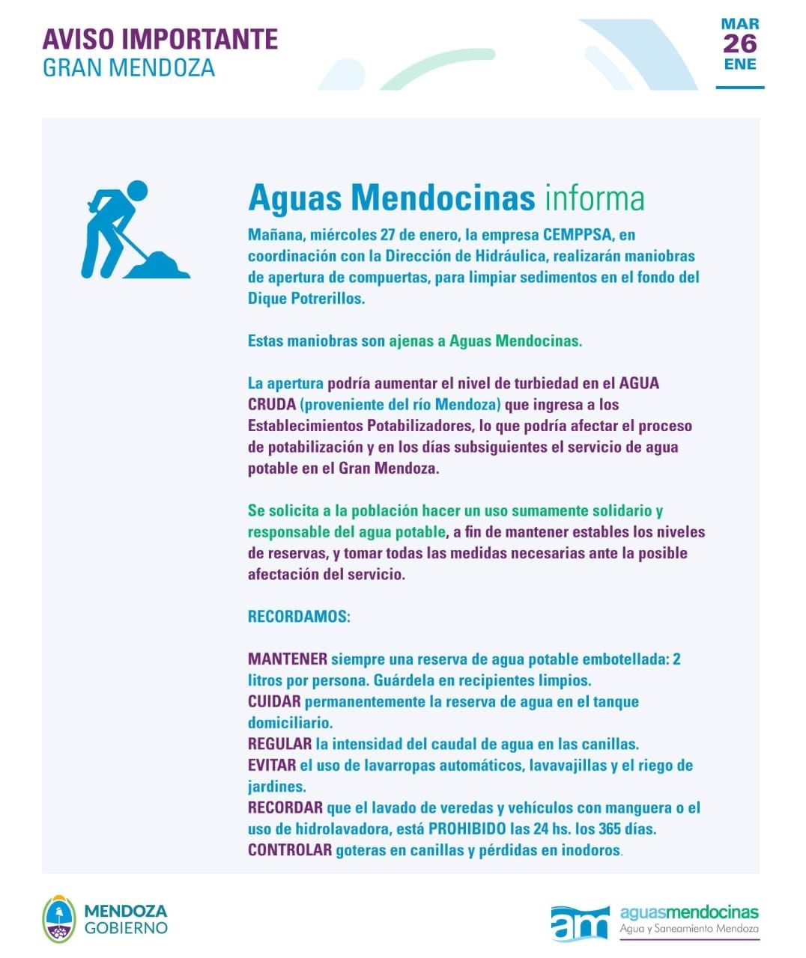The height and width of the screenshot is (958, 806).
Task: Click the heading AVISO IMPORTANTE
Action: (160, 39)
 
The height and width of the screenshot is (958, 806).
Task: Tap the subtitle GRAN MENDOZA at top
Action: (128, 67)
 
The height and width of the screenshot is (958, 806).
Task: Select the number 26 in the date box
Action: (739, 44)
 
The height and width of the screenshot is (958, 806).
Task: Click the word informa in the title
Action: (595, 198)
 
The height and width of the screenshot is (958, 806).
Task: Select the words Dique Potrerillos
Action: (306, 299)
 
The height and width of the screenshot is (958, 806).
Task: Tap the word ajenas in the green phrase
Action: (410, 341)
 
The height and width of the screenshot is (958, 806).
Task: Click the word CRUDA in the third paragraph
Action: (271, 405)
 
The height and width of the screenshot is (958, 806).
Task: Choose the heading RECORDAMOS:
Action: (299, 617)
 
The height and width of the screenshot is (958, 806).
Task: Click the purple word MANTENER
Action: (287, 659)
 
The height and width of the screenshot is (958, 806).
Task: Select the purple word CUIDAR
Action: (274, 702)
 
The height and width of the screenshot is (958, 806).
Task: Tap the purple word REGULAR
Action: (279, 745)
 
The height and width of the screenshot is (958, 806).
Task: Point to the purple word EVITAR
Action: (272, 766)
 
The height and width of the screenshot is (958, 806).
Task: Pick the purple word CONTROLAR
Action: (289, 850)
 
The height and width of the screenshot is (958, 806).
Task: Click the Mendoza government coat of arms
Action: (59, 919)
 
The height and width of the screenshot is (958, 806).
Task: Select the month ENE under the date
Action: (739, 64)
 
